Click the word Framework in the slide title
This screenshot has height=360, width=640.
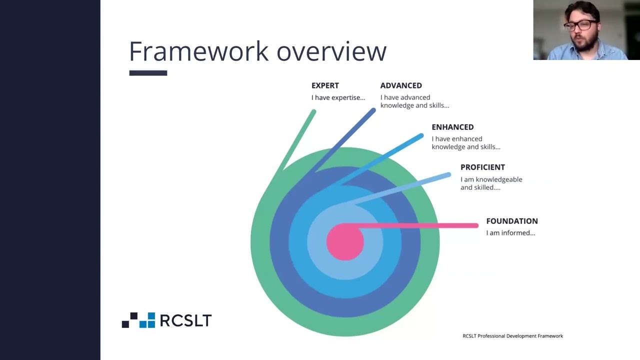[x=199, y=51]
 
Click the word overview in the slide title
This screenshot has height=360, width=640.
[x=331, y=51]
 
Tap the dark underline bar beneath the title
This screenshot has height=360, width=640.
[x=148, y=73]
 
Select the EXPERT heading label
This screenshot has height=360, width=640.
[x=325, y=85]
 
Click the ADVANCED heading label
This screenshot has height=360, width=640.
[x=401, y=85]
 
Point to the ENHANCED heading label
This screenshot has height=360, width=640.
[x=452, y=127]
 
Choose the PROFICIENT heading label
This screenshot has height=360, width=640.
[x=482, y=167]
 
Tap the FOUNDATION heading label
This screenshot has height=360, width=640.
[x=511, y=221]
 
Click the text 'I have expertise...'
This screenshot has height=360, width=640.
[x=338, y=97]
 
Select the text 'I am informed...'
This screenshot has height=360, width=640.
[x=510, y=233]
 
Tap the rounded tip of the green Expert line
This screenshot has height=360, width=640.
[x=313, y=112]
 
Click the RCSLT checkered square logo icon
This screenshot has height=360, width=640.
[x=138, y=320]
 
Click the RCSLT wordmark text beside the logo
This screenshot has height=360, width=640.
[x=185, y=320]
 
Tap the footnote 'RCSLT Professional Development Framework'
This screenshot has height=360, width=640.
[x=512, y=336]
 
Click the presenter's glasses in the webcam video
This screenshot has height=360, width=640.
[x=581, y=25]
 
